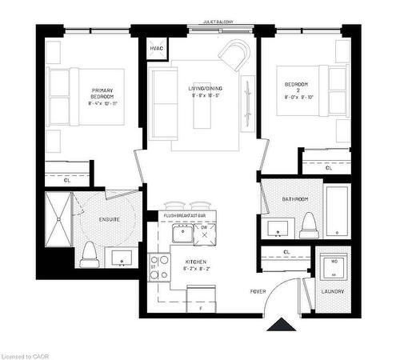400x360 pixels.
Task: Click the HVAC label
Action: pyautogui.click(x=156, y=49)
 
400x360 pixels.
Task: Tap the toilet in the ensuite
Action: pyautogui.click(x=90, y=254)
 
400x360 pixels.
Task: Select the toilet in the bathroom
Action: pyautogui.click(x=308, y=226)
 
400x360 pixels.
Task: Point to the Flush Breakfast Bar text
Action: pyautogui.click(x=186, y=216)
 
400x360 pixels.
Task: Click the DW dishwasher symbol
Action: pyautogui.click(x=204, y=233)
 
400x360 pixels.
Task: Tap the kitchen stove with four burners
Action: pyautogui.click(x=158, y=266)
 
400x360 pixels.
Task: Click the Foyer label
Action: pyautogui.click(x=258, y=290)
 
